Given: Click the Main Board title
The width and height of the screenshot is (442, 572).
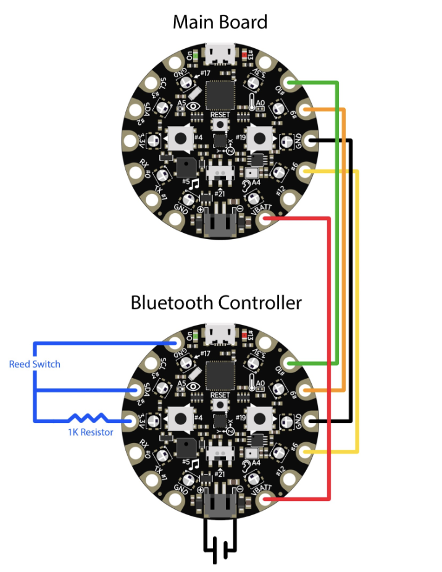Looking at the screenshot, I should click(x=220, y=22).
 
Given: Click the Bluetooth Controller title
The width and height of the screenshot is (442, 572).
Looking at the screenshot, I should click(x=216, y=303).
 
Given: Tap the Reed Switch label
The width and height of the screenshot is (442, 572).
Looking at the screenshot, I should click(x=35, y=364).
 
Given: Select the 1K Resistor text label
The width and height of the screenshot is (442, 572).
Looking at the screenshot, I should click(x=91, y=432).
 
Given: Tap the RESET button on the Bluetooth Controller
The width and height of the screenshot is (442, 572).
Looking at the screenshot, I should click(x=220, y=405).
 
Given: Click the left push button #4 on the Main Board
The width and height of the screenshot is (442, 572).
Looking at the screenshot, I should click(x=180, y=138).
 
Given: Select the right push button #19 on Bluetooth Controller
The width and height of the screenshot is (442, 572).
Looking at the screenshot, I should click(x=260, y=419).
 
